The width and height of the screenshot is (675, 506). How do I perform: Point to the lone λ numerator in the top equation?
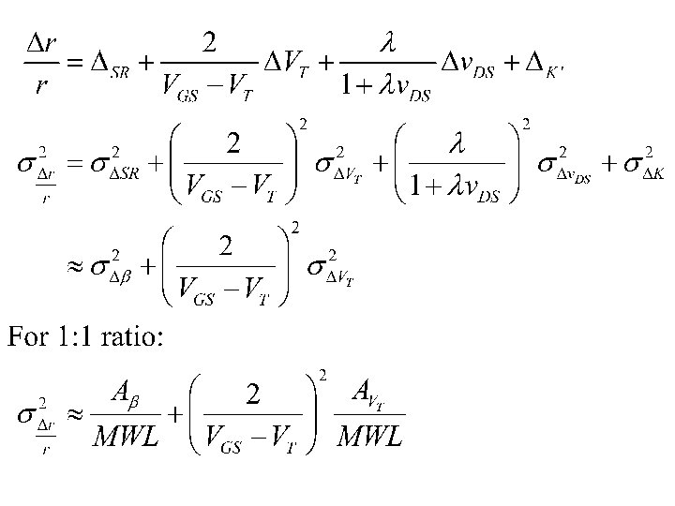pyautogui.click(x=389, y=41)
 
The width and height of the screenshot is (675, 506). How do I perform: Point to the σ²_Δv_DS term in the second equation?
pyautogui.click(x=562, y=163)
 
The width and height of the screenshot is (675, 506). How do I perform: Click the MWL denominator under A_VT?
pyautogui.click(x=371, y=436)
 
